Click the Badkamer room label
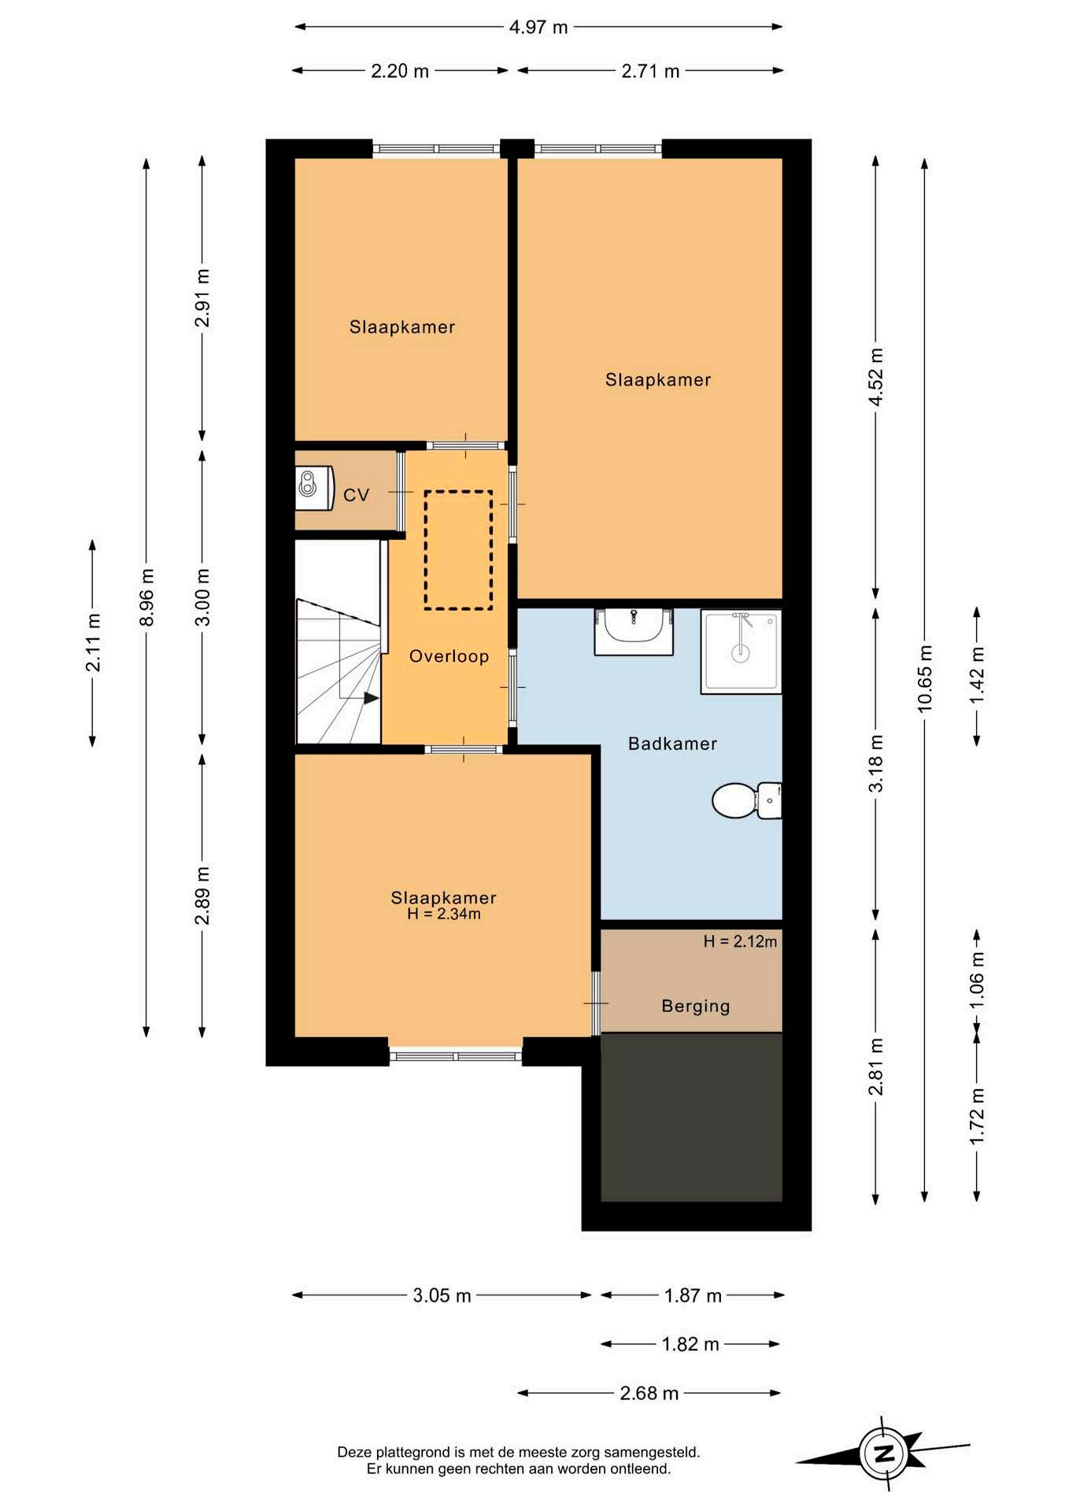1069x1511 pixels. click(x=672, y=744)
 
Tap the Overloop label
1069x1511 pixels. click(x=449, y=656)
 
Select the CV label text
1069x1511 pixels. click(x=357, y=495)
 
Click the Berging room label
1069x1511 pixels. click(x=696, y=1007)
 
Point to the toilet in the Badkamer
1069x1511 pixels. click(x=746, y=800)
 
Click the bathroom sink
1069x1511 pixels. click(x=634, y=631)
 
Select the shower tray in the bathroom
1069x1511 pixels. click(x=741, y=652)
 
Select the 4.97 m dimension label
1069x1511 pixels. click(x=538, y=28)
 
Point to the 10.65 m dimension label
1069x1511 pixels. click(x=925, y=679)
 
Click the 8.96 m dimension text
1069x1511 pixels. click(x=146, y=597)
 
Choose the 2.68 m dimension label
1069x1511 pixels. click(x=649, y=1394)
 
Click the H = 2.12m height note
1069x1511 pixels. click(x=740, y=941)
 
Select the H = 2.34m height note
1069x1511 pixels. click(x=443, y=914)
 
